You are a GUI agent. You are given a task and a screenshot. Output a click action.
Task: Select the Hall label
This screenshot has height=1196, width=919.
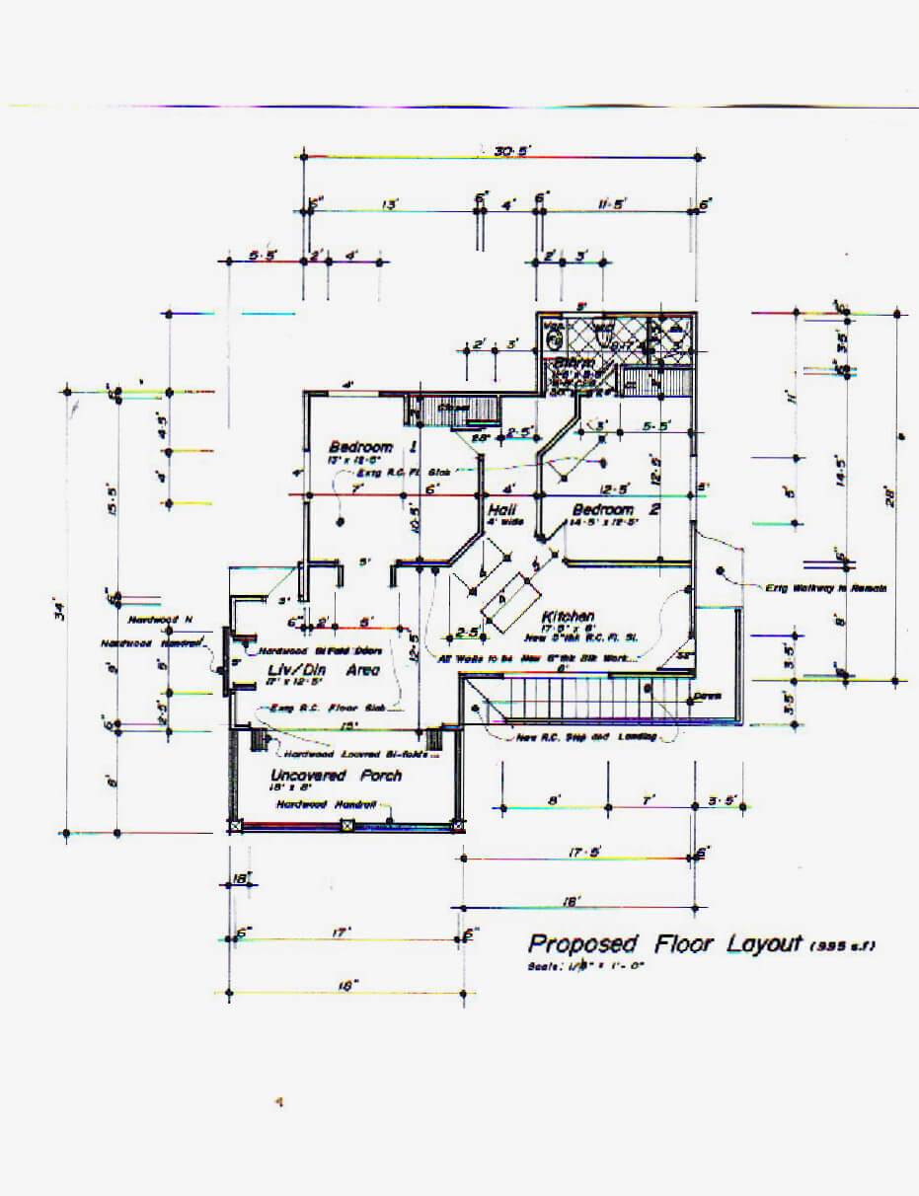[x=502, y=510]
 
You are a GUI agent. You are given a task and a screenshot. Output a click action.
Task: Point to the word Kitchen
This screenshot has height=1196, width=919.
[x=567, y=617]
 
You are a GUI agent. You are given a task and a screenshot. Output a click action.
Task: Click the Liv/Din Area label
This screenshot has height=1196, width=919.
[x=324, y=671]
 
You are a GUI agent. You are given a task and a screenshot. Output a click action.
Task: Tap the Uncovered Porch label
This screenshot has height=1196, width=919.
[x=336, y=776]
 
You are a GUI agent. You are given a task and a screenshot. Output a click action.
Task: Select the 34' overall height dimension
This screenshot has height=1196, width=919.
[x=61, y=612]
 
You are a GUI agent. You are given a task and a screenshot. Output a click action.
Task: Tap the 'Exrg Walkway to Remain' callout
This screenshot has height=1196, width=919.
[x=825, y=588]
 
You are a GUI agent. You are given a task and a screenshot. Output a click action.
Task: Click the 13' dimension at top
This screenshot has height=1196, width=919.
[x=390, y=204]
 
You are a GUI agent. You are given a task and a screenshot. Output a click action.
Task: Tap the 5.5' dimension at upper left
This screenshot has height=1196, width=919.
[x=264, y=256]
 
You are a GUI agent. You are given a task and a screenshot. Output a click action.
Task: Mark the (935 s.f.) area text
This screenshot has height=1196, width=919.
[x=841, y=947]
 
